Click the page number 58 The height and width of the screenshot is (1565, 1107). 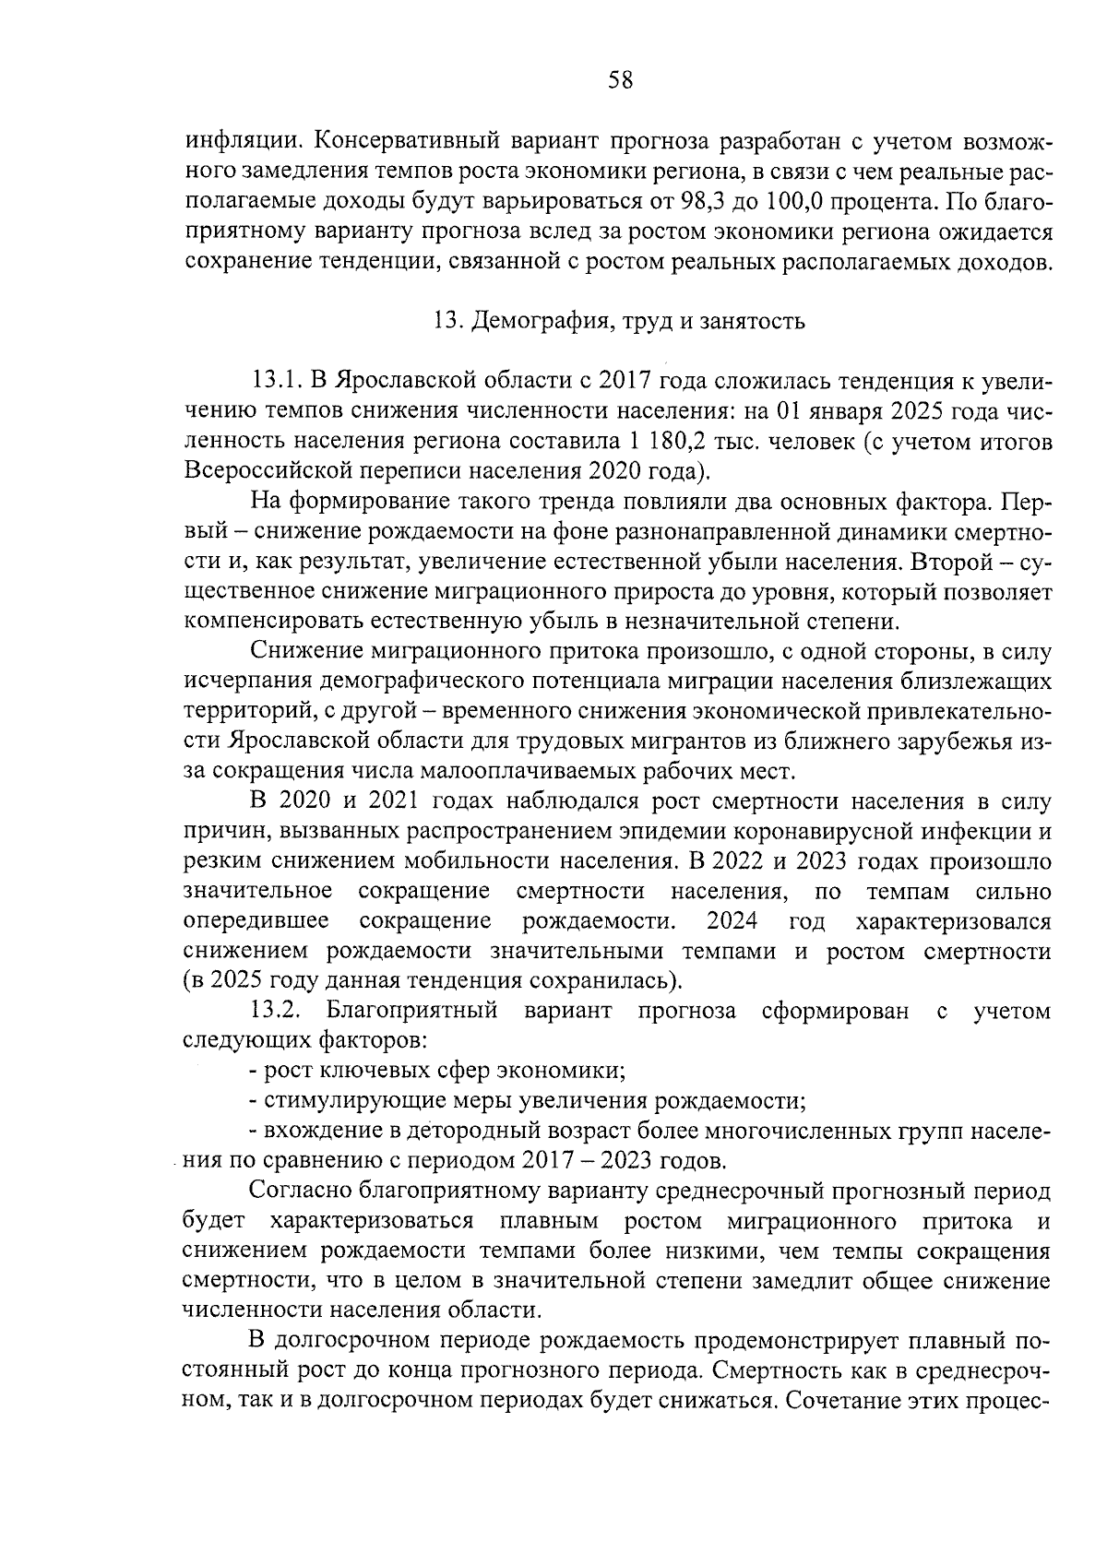(x=620, y=80)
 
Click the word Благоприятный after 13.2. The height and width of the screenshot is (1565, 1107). (x=412, y=1011)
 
